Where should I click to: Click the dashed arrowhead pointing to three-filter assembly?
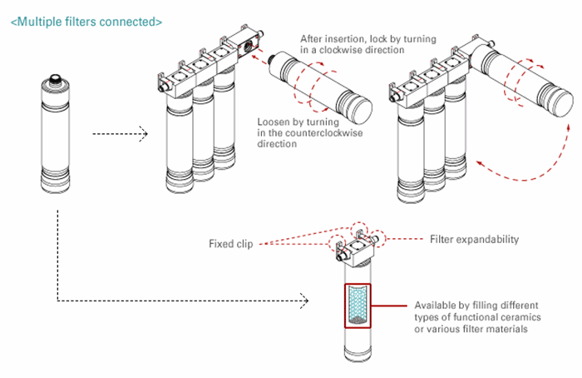tap(144, 133)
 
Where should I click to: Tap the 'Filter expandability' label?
tap(474, 239)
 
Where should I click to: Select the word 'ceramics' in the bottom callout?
tap(514, 318)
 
